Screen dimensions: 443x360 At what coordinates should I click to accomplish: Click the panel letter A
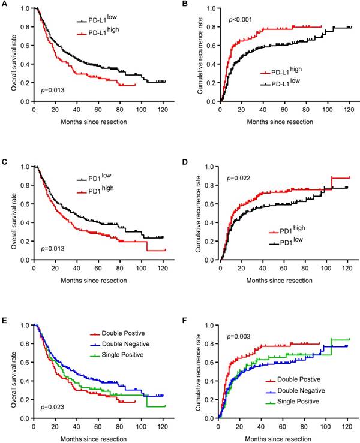pyautogui.click(x=5, y=5)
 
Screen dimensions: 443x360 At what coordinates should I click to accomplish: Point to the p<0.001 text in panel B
pyautogui.click(x=241, y=20)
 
